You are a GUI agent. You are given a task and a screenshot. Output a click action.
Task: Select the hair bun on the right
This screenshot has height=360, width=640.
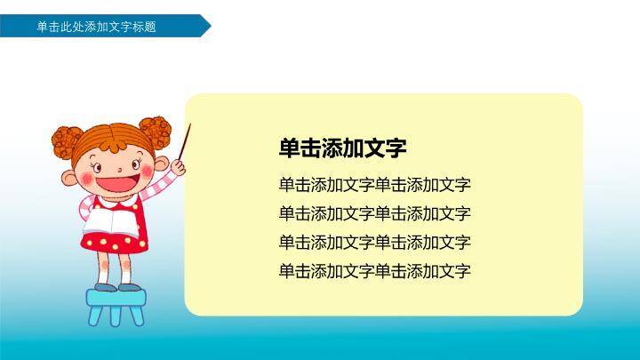(156, 132)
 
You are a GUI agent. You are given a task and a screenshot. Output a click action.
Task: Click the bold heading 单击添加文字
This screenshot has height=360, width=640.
(342, 148)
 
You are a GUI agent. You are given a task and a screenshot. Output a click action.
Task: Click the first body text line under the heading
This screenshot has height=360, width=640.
(374, 185)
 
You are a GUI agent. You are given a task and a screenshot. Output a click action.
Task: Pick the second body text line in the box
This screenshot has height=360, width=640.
(374, 213)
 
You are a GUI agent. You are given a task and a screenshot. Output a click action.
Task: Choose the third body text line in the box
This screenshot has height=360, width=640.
(374, 242)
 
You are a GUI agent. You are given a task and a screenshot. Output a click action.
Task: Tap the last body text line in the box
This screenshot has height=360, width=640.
(374, 270)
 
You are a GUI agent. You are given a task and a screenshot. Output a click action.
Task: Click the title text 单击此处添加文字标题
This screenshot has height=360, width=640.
(96, 27)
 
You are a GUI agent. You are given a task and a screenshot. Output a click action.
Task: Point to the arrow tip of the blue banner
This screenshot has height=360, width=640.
(208, 27)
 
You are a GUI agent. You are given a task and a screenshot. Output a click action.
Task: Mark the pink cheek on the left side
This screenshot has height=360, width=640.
(86, 177)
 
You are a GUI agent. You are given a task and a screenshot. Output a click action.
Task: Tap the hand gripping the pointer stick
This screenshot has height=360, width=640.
(179, 164)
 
